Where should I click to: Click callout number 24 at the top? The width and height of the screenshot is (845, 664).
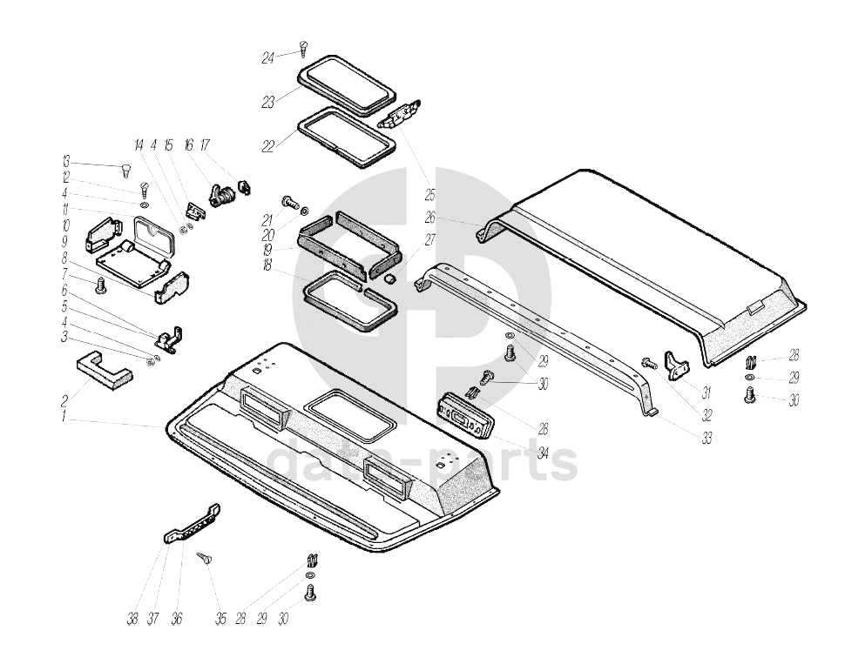pos(268,58)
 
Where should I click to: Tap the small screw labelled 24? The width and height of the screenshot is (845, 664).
pos(303,48)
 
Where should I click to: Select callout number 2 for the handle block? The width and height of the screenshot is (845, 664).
pos(64,401)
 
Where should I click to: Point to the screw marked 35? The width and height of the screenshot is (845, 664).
pos(206,558)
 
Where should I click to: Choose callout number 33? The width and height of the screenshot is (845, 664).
pos(706,439)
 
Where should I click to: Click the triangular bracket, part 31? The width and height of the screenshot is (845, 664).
pos(676,364)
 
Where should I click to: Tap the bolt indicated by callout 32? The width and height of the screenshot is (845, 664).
pos(648,363)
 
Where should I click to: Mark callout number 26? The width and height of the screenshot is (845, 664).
pos(430,218)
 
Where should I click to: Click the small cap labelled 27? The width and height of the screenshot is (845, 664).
pos(391,278)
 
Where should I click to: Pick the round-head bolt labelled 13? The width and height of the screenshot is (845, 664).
pos(125,168)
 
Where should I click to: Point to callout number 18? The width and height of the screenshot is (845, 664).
pos(267,265)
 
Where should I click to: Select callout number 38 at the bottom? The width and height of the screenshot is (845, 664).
pos(132,619)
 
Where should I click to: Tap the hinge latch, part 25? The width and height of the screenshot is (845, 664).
pos(403,115)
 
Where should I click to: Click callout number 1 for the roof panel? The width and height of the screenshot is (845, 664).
pos(64,418)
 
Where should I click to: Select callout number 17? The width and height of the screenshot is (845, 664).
pos(206,145)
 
